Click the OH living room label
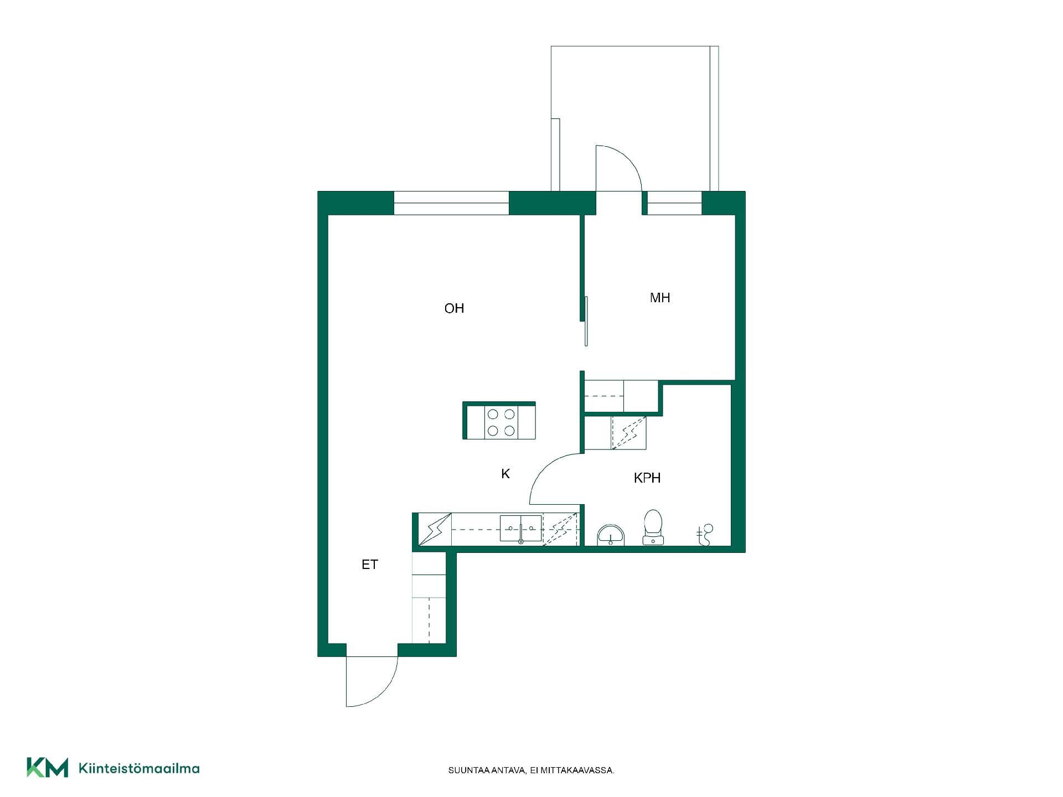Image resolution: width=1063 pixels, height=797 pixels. click(x=454, y=308)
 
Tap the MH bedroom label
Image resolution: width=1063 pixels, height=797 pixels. click(x=660, y=298)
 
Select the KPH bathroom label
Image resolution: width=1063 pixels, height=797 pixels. click(x=647, y=478)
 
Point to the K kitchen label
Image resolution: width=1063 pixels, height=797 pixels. click(x=505, y=474)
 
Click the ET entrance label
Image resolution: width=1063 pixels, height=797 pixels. click(x=370, y=565)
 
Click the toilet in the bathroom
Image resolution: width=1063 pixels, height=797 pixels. click(x=653, y=527)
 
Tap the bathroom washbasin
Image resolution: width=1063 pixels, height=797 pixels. click(x=611, y=535)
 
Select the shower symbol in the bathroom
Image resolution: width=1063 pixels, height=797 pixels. click(x=705, y=535)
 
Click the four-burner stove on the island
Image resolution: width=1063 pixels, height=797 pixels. click(x=501, y=422)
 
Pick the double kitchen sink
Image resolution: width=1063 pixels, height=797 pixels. click(x=520, y=529)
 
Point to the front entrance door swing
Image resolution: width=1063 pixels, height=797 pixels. click(x=372, y=681)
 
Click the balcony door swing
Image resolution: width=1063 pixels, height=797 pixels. click(x=618, y=168)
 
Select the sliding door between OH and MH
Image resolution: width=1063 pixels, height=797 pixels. click(x=586, y=322)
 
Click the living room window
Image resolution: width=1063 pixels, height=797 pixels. click(x=451, y=203)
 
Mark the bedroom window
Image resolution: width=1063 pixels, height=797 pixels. click(x=674, y=203)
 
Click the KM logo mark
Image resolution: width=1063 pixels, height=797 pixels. click(x=48, y=768)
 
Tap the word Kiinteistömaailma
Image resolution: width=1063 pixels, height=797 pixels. click(x=140, y=768)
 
